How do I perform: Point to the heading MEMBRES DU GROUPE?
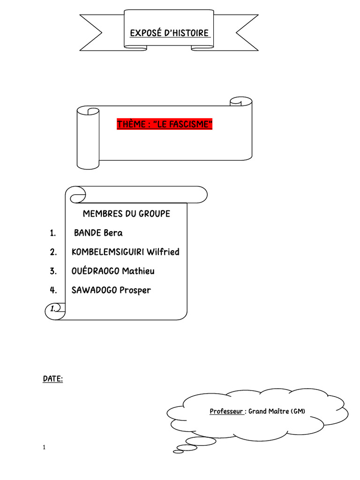click(x=127, y=214)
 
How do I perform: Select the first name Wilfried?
click(x=163, y=252)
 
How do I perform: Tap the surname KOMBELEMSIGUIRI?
click(x=108, y=252)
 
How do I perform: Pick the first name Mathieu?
click(x=138, y=271)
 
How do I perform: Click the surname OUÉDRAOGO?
click(x=95, y=271)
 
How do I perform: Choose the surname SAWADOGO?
click(x=94, y=290)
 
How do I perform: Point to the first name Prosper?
click(x=135, y=291)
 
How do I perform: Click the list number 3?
click(x=53, y=271)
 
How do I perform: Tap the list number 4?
click(x=53, y=290)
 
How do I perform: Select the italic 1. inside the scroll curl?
click(x=53, y=308)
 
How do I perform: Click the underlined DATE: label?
click(x=52, y=379)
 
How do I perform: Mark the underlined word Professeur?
click(x=226, y=412)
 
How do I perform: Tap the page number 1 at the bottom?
click(x=44, y=447)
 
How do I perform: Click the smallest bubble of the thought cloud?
click(x=178, y=451)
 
